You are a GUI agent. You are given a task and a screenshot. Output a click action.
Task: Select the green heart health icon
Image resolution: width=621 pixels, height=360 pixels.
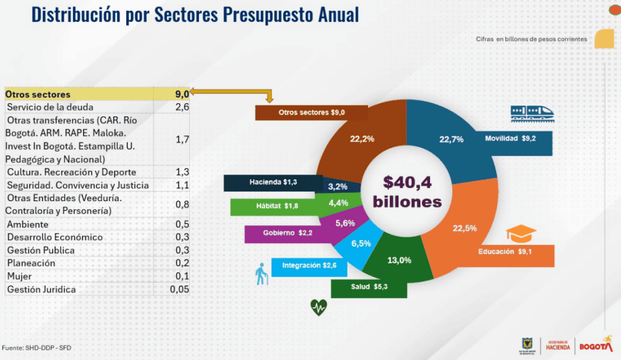pos(318,307)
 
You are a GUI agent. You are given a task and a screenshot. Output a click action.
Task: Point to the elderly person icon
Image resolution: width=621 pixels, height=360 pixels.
pos(261,275)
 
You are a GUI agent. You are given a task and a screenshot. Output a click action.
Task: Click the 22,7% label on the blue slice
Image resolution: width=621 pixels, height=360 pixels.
pos(451,139)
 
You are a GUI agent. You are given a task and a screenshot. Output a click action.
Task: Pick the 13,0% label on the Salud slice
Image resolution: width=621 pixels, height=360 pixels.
pos(399,260)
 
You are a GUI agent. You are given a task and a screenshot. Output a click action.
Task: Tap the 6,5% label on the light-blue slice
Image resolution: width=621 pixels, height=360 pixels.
pos(361,243)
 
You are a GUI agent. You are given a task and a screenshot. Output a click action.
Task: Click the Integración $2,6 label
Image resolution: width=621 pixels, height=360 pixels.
pos(309,265)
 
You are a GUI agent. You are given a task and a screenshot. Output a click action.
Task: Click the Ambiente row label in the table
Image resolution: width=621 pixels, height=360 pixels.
pos(24,224)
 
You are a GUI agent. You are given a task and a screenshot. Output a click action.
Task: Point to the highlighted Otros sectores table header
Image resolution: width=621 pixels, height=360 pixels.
pos(38,95)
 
